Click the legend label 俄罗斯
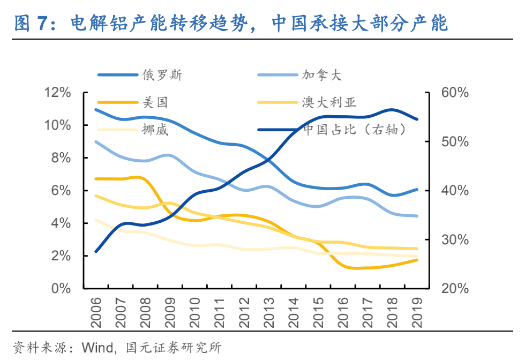pyautogui.click(x=162, y=75)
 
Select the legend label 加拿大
pyautogui.click(x=321, y=75)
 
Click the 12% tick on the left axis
pyautogui.click(x=58, y=93)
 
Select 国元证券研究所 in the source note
pyautogui.click(x=173, y=347)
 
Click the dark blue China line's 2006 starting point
pyautogui.click(x=95, y=251)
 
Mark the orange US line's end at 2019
pyautogui.click(x=417, y=260)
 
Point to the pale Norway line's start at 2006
pyautogui.click(x=95, y=220)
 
